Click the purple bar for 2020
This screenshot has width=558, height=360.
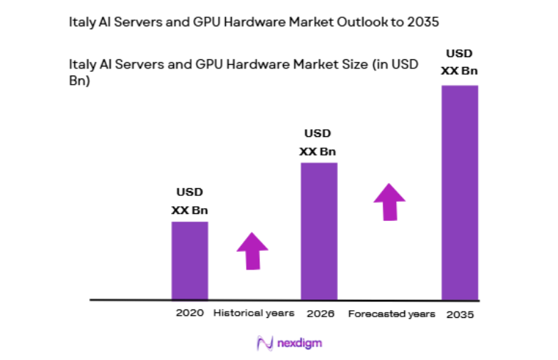click(x=190, y=260)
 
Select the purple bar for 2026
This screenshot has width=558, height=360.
click(x=319, y=231)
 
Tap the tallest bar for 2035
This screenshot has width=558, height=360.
click(x=460, y=192)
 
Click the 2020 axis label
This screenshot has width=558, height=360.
click(x=190, y=313)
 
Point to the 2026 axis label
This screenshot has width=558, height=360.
click(x=319, y=313)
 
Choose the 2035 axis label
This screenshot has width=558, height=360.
click(x=460, y=314)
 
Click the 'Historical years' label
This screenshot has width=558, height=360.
click(x=254, y=313)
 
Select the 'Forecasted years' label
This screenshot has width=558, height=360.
click(x=391, y=314)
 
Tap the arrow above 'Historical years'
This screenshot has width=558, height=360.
click(x=252, y=251)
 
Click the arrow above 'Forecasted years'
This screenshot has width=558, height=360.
click(x=389, y=202)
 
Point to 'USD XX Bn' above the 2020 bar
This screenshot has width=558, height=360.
click(x=190, y=201)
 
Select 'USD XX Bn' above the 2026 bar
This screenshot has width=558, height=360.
click(x=319, y=142)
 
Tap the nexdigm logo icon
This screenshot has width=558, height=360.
click(x=263, y=343)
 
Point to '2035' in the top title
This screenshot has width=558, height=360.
click(x=424, y=22)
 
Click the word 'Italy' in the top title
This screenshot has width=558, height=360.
click(x=81, y=22)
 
